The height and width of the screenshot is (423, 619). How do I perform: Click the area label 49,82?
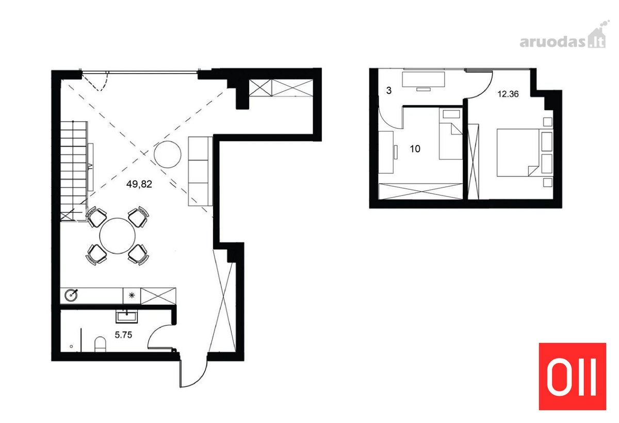[139, 184]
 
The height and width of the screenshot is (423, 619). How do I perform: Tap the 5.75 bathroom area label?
[123, 335]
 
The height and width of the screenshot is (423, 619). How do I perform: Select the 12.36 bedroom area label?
[508, 94]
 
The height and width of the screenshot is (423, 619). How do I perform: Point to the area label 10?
[415, 149]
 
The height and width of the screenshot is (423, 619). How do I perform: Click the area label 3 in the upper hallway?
[389, 90]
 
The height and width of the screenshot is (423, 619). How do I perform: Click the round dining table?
[118, 236]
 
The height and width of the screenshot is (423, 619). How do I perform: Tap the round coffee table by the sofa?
[168, 154]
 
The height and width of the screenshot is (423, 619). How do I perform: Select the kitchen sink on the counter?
[71, 295]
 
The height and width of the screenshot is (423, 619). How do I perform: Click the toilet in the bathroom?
[100, 344]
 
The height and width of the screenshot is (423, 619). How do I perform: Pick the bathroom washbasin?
[126, 316]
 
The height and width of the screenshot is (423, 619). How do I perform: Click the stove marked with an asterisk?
[132, 296]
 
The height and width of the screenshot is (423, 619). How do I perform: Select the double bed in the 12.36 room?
[525, 153]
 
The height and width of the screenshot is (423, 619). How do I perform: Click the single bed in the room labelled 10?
[450, 134]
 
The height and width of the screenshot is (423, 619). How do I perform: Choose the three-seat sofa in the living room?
[200, 171]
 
